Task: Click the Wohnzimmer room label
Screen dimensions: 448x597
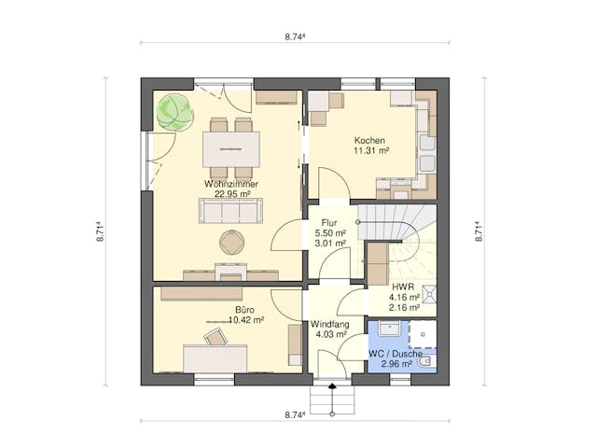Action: (x=229, y=184)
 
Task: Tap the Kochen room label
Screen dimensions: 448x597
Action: (x=370, y=140)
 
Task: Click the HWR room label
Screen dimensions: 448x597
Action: (x=403, y=287)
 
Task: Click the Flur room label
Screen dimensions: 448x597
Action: (x=329, y=223)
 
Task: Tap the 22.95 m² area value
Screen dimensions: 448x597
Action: (x=229, y=194)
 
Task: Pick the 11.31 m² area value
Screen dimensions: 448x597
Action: (x=370, y=150)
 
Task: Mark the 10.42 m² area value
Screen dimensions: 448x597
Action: (x=244, y=319)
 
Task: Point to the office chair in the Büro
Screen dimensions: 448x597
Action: (x=216, y=336)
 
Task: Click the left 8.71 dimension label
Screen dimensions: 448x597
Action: (x=99, y=231)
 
